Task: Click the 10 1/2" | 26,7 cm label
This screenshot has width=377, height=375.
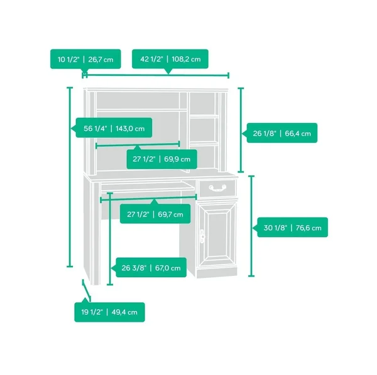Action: (x=85, y=60)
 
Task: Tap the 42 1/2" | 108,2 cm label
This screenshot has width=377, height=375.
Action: (x=170, y=59)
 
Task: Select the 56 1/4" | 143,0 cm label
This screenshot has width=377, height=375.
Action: (x=114, y=129)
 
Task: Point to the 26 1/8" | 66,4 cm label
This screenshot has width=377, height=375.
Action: (x=281, y=133)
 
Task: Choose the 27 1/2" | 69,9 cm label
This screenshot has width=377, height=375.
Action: (x=162, y=159)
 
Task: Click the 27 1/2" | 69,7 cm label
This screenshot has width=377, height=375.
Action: (x=155, y=214)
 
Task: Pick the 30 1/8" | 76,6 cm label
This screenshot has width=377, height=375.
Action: (x=292, y=228)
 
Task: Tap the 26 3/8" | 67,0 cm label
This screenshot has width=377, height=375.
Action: (x=151, y=268)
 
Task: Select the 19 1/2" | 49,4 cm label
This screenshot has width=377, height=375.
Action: (x=109, y=312)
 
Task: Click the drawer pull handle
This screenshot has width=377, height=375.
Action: (x=217, y=188)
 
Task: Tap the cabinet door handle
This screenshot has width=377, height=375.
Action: (x=202, y=236)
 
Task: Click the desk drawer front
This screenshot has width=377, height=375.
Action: (x=217, y=188)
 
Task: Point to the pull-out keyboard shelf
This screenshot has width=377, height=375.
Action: (x=147, y=187)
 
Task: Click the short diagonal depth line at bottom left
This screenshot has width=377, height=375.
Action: (x=87, y=290)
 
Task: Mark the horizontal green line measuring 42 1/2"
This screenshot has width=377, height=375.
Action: (x=157, y=75)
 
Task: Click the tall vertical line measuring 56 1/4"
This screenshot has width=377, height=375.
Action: (x=70, y=177)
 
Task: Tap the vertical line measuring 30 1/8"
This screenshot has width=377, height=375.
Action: (x=251, y=226)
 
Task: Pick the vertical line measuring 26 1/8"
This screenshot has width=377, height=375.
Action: (x=241, y=130)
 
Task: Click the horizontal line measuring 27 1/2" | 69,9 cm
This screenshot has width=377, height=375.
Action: (x=138, y=145)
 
